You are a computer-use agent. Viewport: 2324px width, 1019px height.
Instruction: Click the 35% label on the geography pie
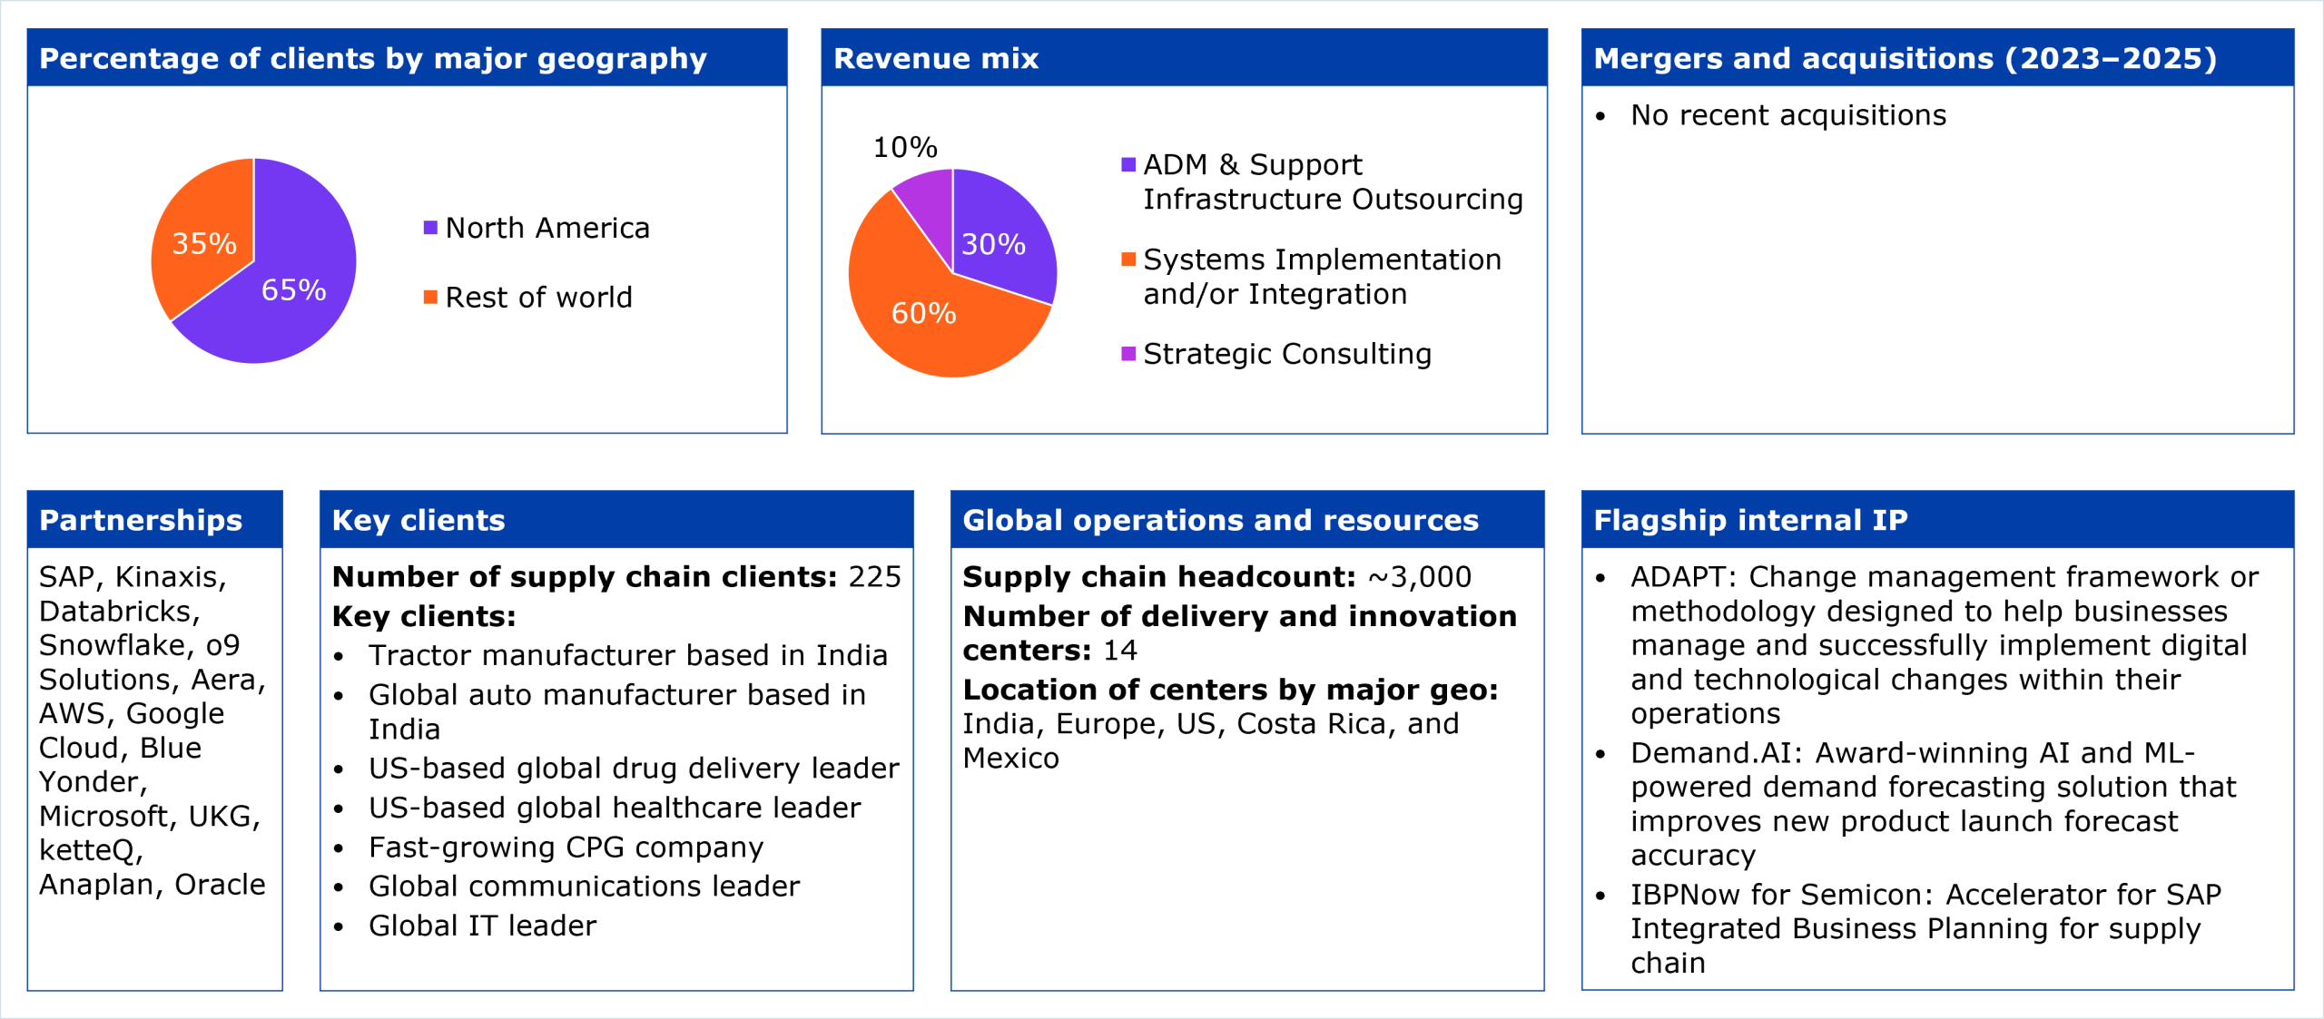tap(204, 243)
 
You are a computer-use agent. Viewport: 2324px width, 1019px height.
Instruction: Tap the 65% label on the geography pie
tap(293, 289)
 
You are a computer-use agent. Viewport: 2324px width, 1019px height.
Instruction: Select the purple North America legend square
tap(430, 227)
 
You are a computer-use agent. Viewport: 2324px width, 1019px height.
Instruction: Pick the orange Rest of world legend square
tap(430, 297)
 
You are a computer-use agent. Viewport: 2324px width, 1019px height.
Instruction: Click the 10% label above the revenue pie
tap(905, 147)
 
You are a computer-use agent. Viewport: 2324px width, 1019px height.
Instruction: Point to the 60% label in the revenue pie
tap(923, 313)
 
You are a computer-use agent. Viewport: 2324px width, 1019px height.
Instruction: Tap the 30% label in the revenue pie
tap(993, 244)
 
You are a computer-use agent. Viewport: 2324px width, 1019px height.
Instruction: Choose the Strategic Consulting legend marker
tap(1128, 353)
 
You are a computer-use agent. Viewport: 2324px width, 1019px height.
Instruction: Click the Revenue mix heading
tap(936, 58)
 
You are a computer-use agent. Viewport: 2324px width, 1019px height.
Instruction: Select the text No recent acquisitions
tap(1788, 115)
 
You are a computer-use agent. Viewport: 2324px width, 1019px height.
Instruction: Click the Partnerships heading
tap(141, 520)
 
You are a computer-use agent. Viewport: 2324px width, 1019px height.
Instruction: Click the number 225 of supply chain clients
tap(874, 577)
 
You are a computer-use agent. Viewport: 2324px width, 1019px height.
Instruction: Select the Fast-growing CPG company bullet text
tap(566, 848)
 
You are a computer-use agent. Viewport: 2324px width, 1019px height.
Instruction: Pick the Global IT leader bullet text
tap(482, 926)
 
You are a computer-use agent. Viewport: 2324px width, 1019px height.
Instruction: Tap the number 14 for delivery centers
tap(1119, 651)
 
